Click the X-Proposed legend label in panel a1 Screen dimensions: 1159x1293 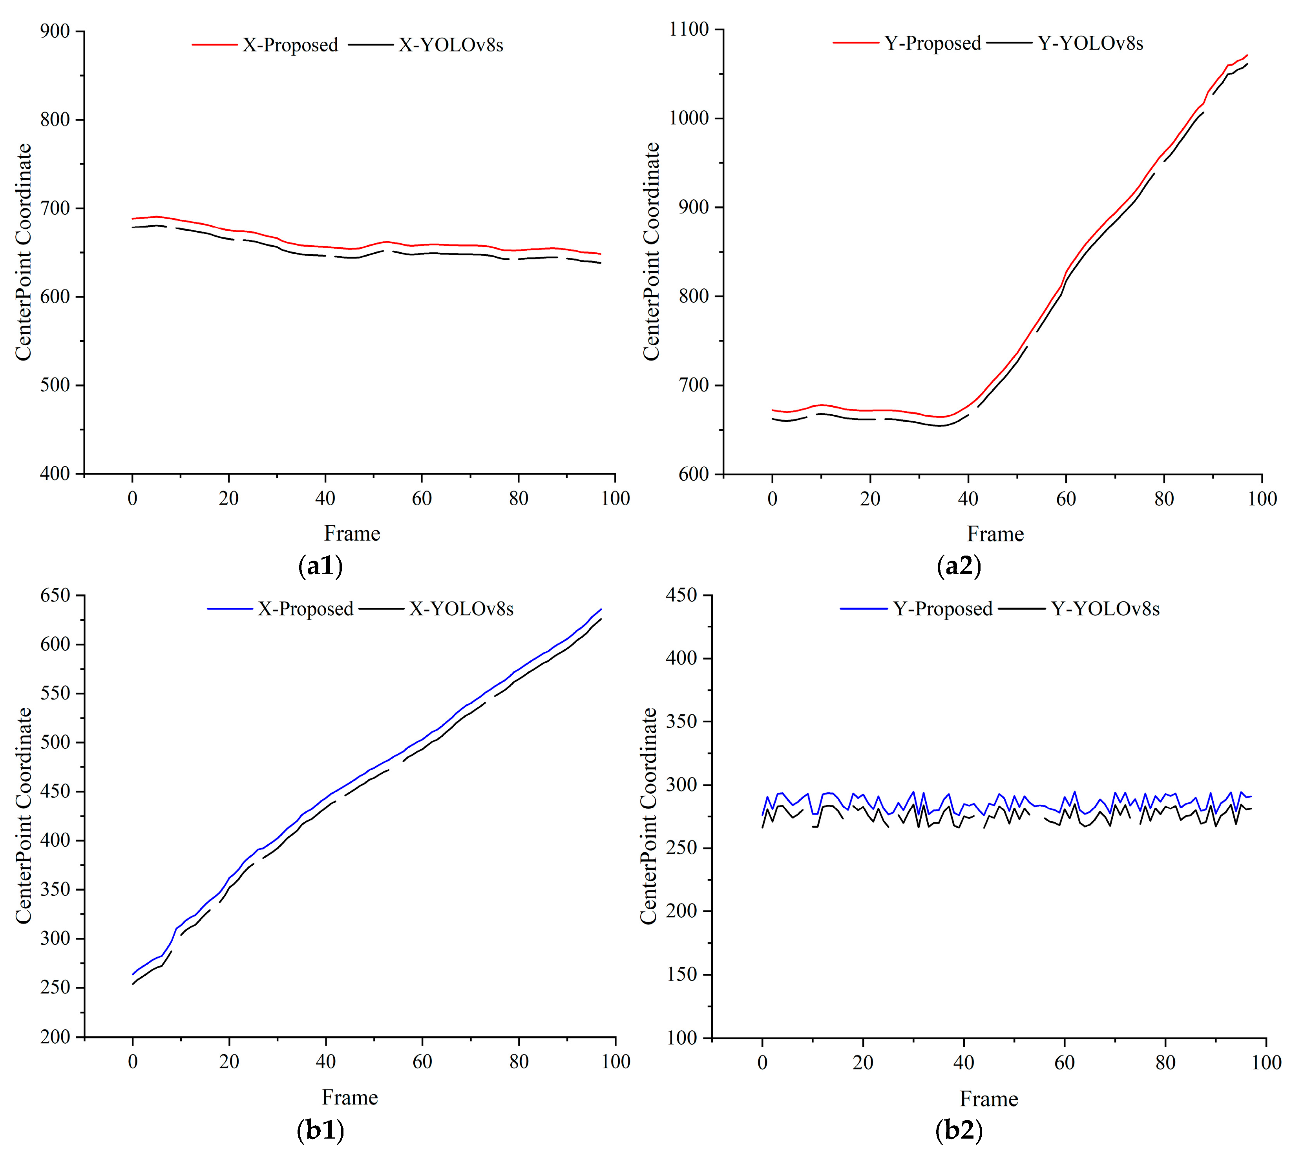[290, 45]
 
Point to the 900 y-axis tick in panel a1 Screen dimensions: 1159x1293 [55, 31]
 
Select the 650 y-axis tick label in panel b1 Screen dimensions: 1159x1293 [55, 596]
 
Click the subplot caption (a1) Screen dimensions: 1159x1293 [320, 565]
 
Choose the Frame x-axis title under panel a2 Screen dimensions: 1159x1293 [995, 534]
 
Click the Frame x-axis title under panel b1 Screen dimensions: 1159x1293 [350, 1097]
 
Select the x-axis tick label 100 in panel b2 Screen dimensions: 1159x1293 [1266, 1063]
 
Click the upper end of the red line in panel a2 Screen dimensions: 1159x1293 [1247, 55]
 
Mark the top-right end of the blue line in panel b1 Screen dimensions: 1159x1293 [601, 609]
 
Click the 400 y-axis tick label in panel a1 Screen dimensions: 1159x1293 [55, 474]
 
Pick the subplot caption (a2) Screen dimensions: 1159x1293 [959, 565]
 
